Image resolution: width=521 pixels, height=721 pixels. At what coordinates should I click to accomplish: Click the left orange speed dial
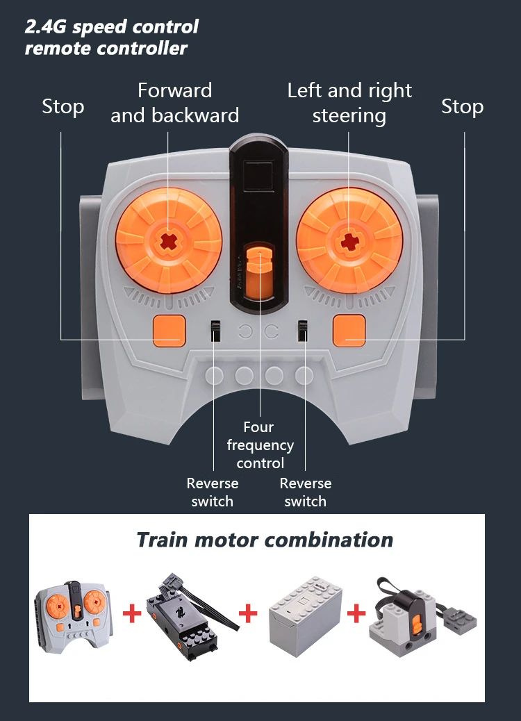pos(169,240)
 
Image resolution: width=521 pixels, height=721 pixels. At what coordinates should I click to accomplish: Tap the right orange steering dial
pos(349,240)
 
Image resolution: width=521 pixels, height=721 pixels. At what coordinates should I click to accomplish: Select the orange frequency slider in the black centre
pos(259,272)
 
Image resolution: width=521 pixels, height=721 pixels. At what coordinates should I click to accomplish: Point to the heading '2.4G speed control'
pos(112,27)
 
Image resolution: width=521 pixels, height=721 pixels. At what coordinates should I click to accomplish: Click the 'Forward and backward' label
pos(175,103)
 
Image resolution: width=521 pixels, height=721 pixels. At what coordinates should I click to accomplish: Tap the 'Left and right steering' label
pos(349,103)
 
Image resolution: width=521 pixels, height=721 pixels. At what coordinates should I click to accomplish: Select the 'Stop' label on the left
pos(63,107)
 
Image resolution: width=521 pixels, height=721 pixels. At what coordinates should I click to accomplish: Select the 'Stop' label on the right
pos(462,107)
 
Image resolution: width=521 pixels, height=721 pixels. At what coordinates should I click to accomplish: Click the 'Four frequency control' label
pos(260,445)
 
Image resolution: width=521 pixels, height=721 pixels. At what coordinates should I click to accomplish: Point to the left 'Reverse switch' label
pos(213,492)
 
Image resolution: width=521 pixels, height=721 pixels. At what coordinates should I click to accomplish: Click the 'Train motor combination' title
pos(265,540)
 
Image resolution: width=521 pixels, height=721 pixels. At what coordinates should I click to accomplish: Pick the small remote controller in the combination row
pos(74,617)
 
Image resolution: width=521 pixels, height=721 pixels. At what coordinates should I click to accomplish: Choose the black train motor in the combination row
pos(191,616)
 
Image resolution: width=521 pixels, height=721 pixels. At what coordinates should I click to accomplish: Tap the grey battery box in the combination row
pos(306,615)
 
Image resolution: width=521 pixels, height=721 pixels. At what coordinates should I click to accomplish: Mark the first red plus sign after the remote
pos(132,613)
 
